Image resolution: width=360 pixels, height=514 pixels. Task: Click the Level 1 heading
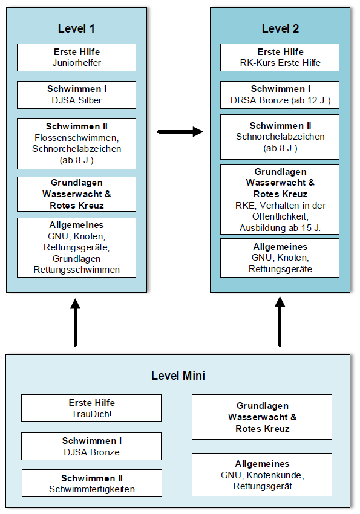tap(76, 29)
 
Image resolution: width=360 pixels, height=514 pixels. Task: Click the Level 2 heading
tap(280, 29)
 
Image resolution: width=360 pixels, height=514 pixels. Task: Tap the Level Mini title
tap(178, 376)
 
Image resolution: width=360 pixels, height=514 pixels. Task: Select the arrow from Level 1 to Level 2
tap(180, 132)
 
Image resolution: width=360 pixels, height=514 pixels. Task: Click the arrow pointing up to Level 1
tap(76, 322)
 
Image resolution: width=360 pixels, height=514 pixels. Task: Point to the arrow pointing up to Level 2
tap(280, 322)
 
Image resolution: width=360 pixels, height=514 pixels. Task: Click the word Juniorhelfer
tap(77, 63)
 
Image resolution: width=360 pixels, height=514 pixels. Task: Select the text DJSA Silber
tap(77, 100)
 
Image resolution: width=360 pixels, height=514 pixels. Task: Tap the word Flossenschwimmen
tap(77, 138)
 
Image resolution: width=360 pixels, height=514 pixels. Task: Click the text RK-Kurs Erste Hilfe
tap(280, 63)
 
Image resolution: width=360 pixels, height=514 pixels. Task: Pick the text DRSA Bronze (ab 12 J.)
tap(280, 100)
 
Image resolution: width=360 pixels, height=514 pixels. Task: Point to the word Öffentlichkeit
tap(280, 216)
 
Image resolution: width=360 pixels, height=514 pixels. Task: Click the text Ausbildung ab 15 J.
tap(280, 228)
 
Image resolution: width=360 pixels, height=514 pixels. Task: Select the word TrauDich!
tap(91, 414)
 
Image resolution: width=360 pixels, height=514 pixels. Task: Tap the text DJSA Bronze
tap(91, 452)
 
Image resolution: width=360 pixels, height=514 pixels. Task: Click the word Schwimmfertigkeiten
tap(92, 489)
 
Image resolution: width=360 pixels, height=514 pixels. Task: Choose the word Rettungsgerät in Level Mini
tap(263, 486)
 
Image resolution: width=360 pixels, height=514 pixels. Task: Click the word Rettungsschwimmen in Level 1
tap(77, 270)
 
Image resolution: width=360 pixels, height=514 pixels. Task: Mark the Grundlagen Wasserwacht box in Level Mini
tap(262, 417)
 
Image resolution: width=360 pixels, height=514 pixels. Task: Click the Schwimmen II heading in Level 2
tap(280, 126)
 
